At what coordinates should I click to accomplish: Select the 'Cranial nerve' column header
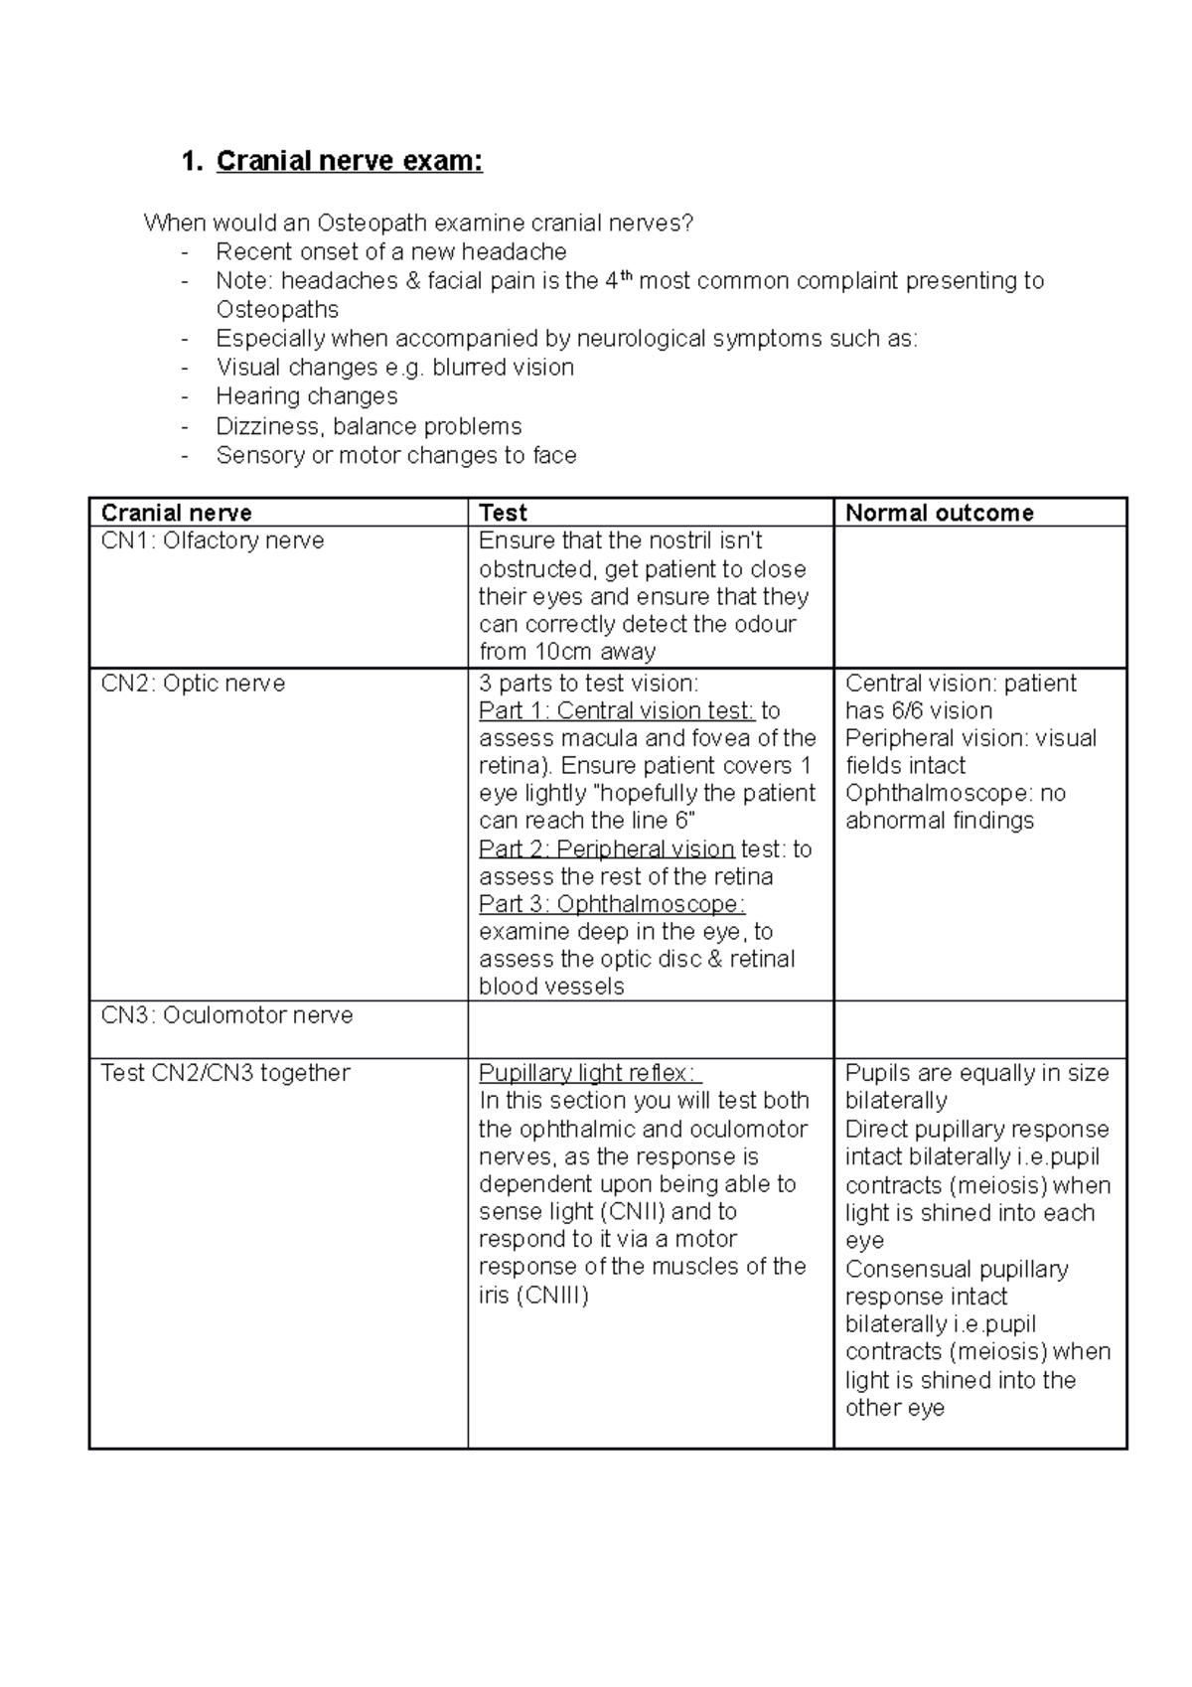(176, 513)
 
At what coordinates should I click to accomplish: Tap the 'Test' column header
(503, 513)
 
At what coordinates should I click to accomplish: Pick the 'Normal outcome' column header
(939, 513)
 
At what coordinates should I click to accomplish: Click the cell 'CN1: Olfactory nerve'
(213, 540)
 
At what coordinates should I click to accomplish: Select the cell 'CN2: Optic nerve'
(193, 684)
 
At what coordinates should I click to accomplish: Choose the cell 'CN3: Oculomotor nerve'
(226, 1015)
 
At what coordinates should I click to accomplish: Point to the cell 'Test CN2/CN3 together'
(225, 1073)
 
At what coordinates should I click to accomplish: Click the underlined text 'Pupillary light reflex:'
(590, 1073)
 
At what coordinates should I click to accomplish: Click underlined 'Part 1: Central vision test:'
(616, 710)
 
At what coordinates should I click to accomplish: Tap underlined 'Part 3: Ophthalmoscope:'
(611, 904)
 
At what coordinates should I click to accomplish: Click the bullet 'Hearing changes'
(306, 395)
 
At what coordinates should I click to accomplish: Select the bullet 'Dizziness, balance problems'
(369, 426)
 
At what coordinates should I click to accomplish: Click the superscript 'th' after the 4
(626, 275)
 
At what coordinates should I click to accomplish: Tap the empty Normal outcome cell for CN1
(979, 596)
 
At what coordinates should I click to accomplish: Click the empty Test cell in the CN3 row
(650, 1029)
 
